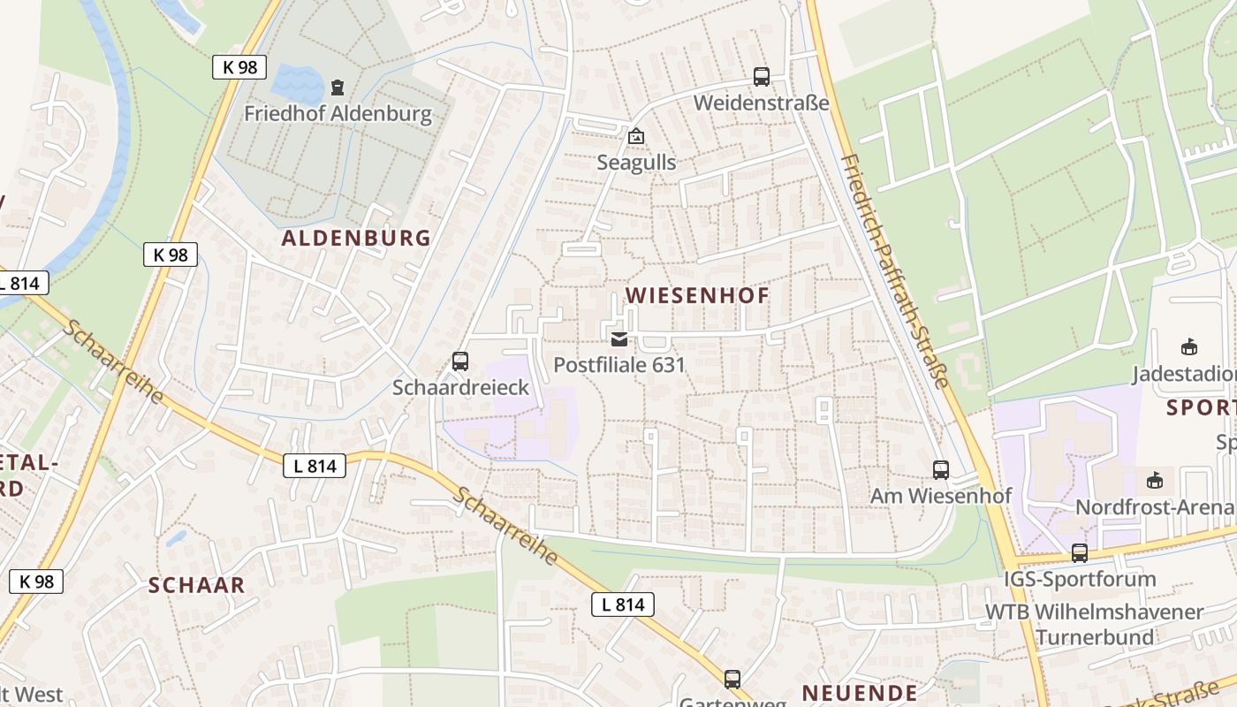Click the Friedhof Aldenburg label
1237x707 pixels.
tap(338, 114)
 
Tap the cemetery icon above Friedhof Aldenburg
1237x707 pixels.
tap(337, 87)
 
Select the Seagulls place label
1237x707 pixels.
tap(636, 163)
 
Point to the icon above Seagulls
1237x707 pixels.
tap(635, 136)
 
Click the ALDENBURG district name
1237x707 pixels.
tap(356, 238)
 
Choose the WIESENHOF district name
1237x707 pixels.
tap(698, 295)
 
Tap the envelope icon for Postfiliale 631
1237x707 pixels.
tap(618, 338)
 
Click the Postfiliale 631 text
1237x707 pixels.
tap(618, 364)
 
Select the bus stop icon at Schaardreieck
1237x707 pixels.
tap(459, 361)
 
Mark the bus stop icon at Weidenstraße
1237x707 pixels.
tap(761, 77)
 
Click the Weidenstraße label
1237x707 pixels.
tap(761, 103)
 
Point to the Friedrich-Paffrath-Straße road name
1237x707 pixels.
tap(895, 270)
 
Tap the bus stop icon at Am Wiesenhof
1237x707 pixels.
tap(940, 470)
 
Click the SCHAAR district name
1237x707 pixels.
tap(196, 585)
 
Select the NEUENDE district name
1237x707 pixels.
tap(859, 692)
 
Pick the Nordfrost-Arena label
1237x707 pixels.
tap(1154, 507)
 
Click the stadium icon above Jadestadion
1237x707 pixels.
tap(1188, 347)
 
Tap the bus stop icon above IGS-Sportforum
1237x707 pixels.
tap(1079, 553)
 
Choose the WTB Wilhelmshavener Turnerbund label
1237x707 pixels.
tap(1094, 624)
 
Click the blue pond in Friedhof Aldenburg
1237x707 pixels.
tap(298, 84)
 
